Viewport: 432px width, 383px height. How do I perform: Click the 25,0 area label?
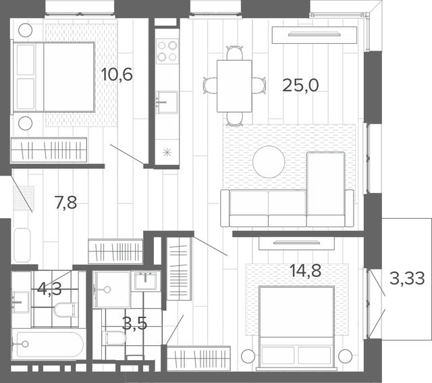300,85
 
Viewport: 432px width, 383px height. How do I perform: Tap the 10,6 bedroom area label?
117,74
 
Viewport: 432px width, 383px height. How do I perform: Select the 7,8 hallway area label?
66,203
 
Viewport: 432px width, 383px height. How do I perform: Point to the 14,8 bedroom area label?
306,270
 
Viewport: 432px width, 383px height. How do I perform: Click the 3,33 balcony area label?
407,278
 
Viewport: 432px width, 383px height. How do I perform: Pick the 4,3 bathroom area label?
49,289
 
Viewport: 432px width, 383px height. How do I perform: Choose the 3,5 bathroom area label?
134,324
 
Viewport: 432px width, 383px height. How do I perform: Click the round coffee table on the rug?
269,162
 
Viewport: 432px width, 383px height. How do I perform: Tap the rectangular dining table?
234,86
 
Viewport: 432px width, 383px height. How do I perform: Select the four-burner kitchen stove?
167,51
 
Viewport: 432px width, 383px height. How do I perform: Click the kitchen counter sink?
167,102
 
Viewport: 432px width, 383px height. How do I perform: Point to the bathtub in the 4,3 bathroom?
48,344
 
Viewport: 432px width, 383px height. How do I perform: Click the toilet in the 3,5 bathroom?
114,338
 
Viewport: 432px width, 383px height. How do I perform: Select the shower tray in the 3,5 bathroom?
111,290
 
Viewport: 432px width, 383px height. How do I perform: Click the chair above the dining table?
235,53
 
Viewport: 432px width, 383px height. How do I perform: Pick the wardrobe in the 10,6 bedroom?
49,150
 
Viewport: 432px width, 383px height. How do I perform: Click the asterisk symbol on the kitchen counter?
167,152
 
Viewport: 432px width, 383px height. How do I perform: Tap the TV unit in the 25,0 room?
315,34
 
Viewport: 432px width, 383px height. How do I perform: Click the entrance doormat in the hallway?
24,198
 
